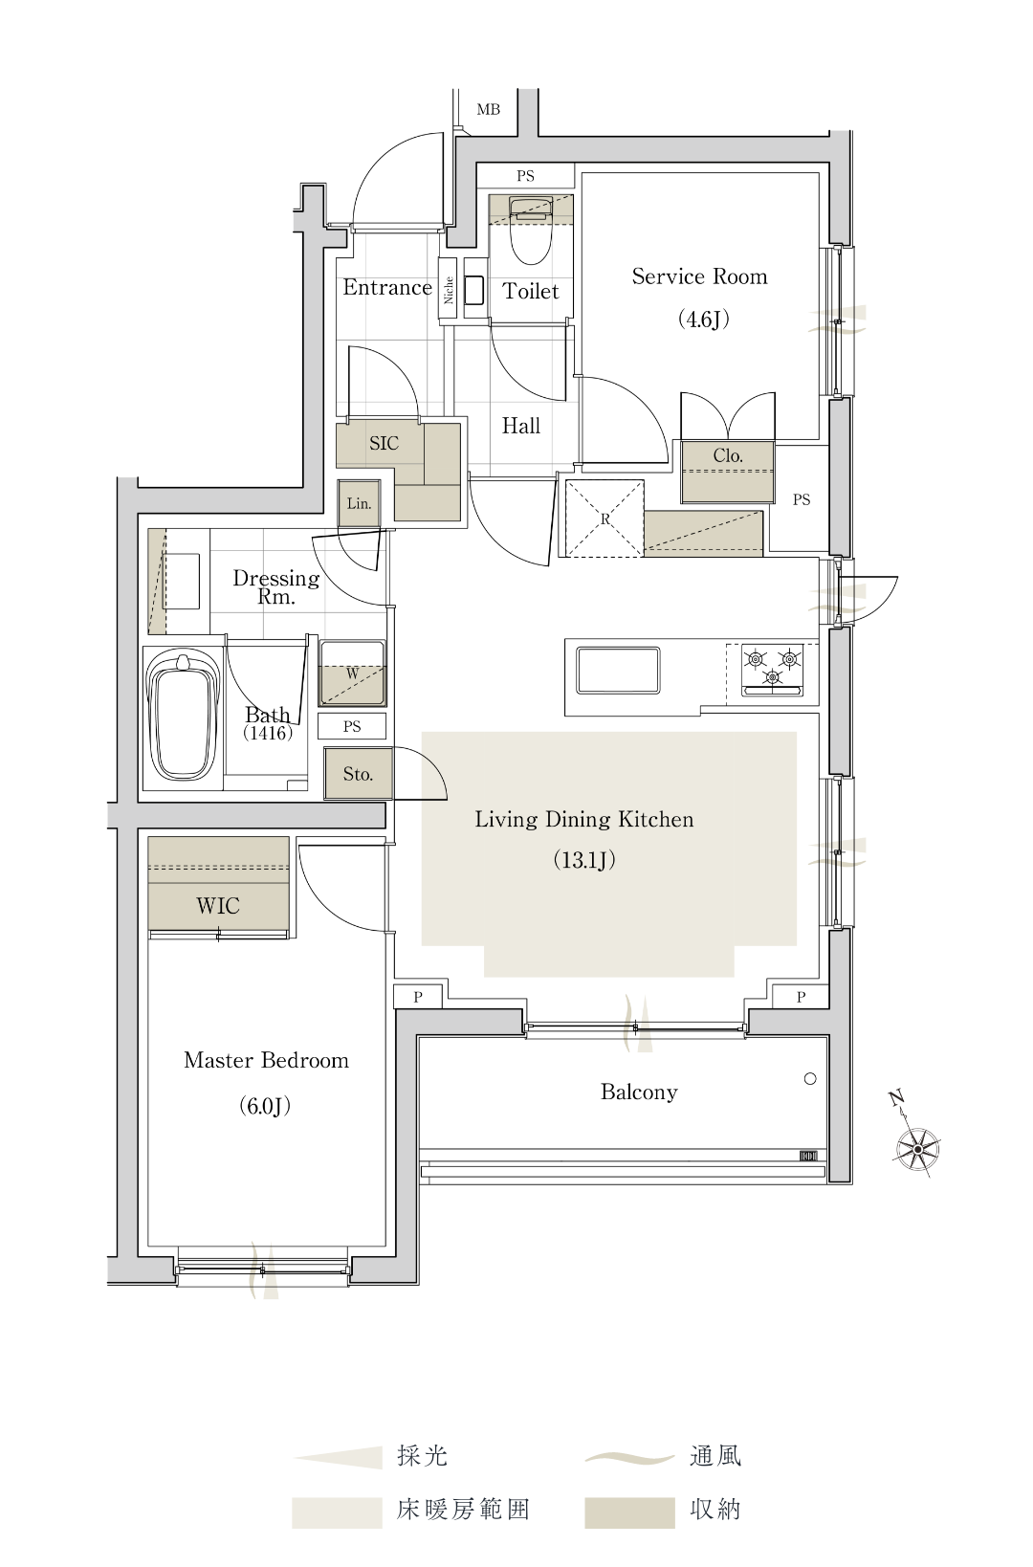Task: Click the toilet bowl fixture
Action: (531, 231)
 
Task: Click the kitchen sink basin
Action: (618, 671)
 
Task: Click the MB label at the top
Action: (488, 110)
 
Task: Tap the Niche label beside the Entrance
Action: (449, 290)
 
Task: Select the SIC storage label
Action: (384, 443)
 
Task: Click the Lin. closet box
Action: (360, 503)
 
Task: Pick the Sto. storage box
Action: (358, 774)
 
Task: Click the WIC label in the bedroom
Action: (218, 906)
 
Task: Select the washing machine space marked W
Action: (353, 673)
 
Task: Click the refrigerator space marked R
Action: (604, 519)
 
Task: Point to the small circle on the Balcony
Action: (810, 1079)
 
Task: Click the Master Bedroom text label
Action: (267, 1061)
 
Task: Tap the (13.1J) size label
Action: (584, 860)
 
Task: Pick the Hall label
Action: (521, 426)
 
